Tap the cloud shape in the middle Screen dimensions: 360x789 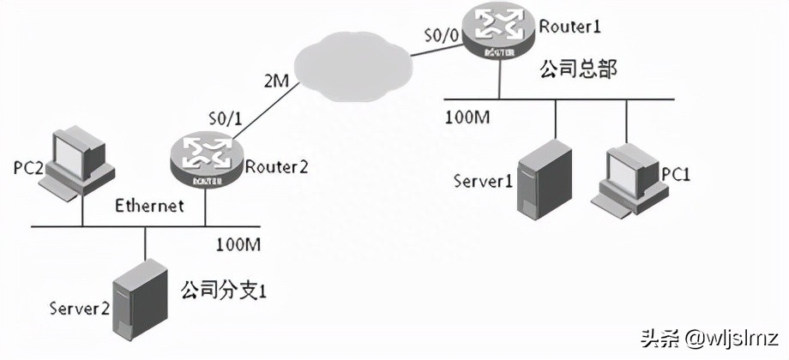coord(352,65)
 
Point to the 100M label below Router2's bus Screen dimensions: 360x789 coord(240,246)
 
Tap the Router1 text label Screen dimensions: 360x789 coord(569,27)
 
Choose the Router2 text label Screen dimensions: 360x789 coord(276,166)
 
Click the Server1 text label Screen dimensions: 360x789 coord(483,182)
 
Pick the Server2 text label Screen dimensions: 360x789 coord(78,307)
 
